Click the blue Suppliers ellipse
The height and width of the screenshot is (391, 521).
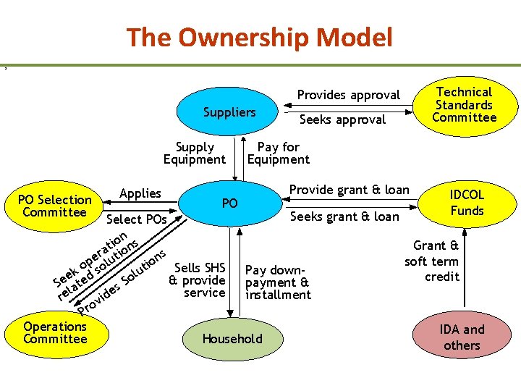point(229,112)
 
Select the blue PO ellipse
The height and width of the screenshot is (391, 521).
point(229,203)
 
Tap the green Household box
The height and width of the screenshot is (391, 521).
point(232,338)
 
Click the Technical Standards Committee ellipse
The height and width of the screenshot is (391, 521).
point(464,105)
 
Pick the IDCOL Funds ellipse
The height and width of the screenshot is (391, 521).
point(467,203)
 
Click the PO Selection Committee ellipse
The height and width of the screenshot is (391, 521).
point(55,206)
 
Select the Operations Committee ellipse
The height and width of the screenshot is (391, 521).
point(54,333)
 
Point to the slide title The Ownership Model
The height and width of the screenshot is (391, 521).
point(260,37)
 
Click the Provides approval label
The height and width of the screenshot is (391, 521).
point(348,95)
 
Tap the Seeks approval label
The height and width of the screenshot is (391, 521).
point(342,119)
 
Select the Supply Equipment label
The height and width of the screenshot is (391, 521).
point(194,154)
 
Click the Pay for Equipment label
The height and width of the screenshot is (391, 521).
point(279,154)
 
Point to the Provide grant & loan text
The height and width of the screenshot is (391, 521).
point(350,190)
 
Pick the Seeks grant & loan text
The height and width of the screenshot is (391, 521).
point(344,216)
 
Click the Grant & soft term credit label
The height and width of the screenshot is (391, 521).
point(432,261)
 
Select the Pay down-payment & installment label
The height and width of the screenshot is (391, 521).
point(278,282)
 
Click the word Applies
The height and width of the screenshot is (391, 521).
point(140,193)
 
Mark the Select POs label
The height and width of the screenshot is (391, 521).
point(137,219)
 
